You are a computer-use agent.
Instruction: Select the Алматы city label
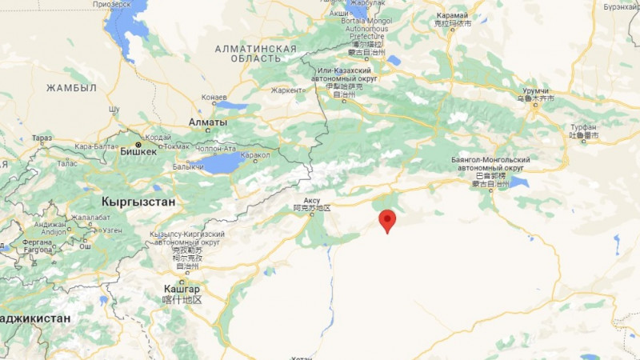coord(207,122)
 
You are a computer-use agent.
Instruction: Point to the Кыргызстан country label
coord(138,201)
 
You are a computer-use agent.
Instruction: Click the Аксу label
coord(312,200)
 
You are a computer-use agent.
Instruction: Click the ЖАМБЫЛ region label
coord(71,87)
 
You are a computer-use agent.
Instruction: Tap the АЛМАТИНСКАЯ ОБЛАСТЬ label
coord(256,54)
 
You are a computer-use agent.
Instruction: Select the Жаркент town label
coord(286,90)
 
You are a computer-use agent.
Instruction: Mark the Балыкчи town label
coord(189,166)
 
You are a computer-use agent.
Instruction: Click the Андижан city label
coord(50,225)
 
